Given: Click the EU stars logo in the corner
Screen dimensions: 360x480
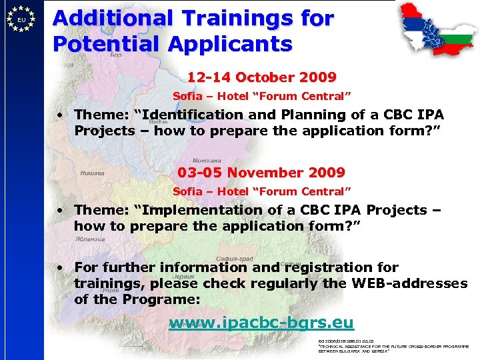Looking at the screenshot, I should [21, 20].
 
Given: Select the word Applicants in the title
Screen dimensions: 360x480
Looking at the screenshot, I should [230, 44].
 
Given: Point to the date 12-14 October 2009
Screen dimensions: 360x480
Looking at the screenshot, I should [261, 77].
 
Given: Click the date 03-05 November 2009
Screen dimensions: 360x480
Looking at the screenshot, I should [261, 173].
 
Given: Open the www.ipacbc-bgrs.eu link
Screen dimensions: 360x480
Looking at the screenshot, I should [261, 323].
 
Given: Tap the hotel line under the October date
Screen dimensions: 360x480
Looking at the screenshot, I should [261, 96].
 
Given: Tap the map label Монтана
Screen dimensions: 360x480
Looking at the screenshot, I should [207, 161].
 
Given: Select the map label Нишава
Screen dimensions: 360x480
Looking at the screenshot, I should [92, 173].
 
